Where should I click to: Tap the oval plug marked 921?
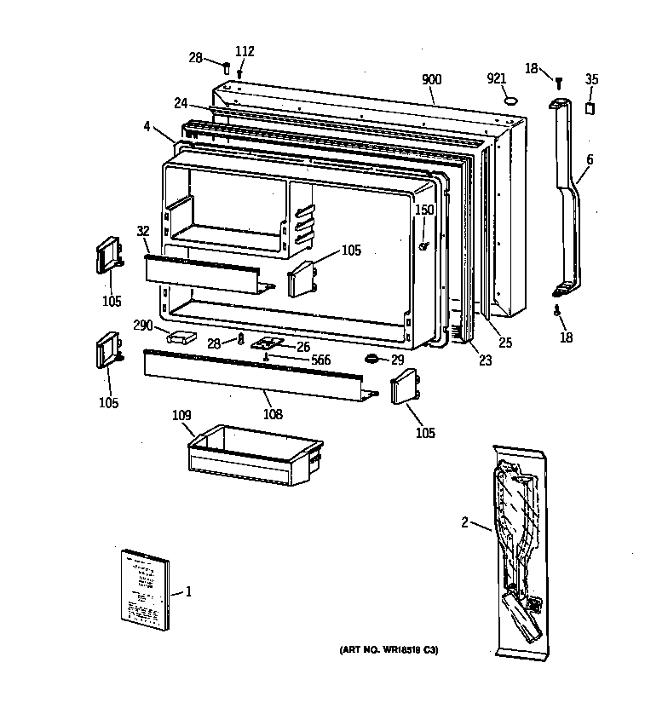(x=511, y=100)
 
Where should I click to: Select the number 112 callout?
(x=245, y=51)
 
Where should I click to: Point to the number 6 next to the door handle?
(x=589, y=159)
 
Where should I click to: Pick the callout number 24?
(x=181, y=104)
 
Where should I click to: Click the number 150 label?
(x=424, y=210)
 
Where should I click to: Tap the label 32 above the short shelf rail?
(x=142, y=230)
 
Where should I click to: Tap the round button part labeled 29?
(x=372, y=359)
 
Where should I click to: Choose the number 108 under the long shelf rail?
(x=273, y=415)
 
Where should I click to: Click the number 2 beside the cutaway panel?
(x=464, y=522)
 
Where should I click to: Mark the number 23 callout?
(x=485, y=360)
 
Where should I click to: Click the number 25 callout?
(x=505, y=343)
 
